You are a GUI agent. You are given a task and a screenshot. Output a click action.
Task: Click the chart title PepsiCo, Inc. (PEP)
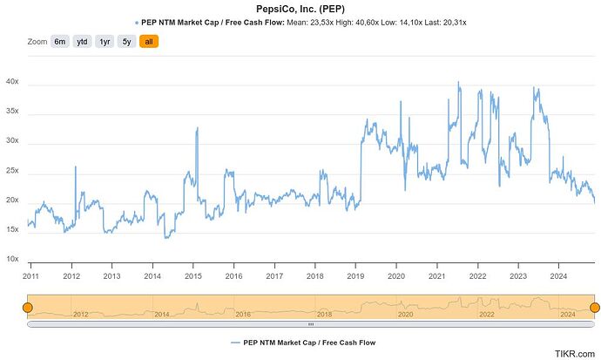pyautogui.click(x=300, y=8)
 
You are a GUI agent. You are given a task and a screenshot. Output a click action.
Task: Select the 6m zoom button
pyautogui.click(x=60, y=41)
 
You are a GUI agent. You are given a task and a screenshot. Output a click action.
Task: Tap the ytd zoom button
pyautogui.click(x=82, y=41)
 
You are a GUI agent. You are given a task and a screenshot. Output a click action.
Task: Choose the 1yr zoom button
pyautogui.click(x=105, y=41)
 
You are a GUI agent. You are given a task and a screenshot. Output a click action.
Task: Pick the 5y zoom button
pyautogui.click(x=126, y=41)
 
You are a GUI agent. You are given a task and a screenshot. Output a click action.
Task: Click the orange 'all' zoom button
pyautogui.click(x=149, y=41)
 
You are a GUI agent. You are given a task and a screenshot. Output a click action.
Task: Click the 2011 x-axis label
pyautogui.click(x=31, y=275)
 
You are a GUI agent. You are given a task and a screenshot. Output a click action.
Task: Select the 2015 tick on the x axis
pyautogui.click(x=193, y=275)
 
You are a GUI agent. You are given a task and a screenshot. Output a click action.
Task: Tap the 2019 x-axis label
pyautogui.click(x=355, y=275)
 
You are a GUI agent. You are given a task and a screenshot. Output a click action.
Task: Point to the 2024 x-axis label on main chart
pyautogui.click(x=558, y=275)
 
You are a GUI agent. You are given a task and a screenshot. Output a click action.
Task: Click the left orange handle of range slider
pyautogui.click(x=27, y=307)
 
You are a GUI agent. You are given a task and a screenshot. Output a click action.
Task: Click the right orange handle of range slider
pyautogui.click(x=595, y=307)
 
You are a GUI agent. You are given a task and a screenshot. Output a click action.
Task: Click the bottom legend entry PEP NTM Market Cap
pyautogui.click(x=306, y=343)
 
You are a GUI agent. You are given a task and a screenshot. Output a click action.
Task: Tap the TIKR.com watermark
pyautogui.click(x=575, y=353)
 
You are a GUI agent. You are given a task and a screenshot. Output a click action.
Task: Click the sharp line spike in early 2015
pyautogui.click(x=198, y=129)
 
